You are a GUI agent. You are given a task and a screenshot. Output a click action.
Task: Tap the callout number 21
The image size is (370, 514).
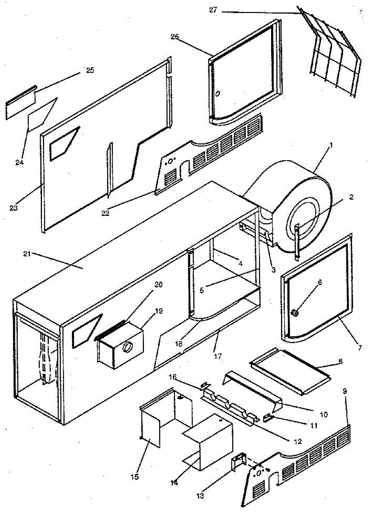[27, 254]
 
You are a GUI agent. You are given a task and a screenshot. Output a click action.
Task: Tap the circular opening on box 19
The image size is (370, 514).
[127, 347]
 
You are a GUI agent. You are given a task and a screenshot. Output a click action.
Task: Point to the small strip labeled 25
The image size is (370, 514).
[20, 104]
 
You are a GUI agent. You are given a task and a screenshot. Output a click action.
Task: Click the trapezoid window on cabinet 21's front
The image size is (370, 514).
[87, 330]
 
